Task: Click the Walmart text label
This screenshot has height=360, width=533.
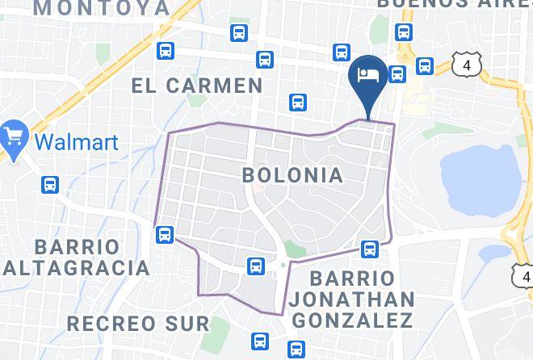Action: coord(78,143)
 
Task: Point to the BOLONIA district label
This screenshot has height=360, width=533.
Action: coord(292,174)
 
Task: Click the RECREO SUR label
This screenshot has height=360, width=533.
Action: coord(137,324)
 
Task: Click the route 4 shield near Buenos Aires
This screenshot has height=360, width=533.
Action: coord(467,65)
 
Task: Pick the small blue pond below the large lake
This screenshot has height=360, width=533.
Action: coord(494,253)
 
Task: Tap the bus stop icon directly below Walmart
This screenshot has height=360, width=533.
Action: coord(50,185)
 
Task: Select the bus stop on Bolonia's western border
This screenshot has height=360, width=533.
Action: coord(165,235)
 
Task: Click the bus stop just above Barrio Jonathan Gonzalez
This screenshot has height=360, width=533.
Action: coord(371,248)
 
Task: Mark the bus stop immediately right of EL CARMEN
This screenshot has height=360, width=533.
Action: coord(298,103)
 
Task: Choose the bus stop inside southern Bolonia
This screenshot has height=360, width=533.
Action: coord(255,266)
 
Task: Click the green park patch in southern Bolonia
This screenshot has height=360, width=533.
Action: coord(295,249)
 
